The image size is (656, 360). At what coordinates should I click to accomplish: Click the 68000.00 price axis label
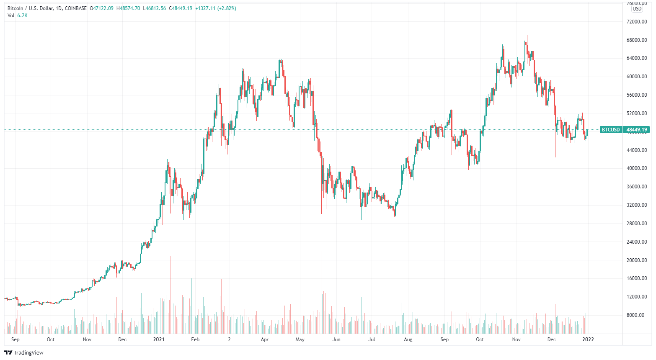pos(637,40)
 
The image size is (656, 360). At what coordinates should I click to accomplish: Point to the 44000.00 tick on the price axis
pos(637,150)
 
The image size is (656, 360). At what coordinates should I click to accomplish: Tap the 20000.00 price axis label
pos(637,260)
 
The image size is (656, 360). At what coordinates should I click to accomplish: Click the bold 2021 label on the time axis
pos(159,339)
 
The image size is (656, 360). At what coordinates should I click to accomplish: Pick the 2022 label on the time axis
pos(588,339)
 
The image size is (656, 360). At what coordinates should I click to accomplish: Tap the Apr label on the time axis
pos(265,339)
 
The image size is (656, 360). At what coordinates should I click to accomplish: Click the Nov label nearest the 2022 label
pos(516,339)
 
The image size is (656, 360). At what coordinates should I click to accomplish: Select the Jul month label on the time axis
pos(372,339)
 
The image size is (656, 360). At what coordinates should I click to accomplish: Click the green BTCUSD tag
pos(611,130)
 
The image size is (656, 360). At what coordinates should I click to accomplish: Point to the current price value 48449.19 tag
pos(637,130)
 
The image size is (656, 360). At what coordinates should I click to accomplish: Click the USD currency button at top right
pos(637,8)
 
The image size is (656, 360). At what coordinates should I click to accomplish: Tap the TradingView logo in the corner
pos(24,352)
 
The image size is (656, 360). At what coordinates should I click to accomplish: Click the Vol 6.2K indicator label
pos(18,15)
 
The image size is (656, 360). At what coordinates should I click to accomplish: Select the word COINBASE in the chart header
pos(76,8)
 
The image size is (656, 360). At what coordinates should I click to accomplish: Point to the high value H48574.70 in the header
pos(128,8)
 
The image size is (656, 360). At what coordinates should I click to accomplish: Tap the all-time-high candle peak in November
pos(527,36)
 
